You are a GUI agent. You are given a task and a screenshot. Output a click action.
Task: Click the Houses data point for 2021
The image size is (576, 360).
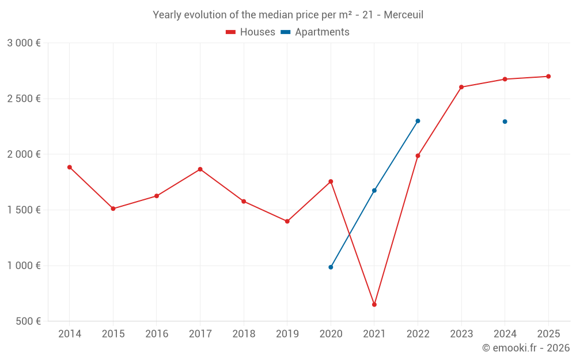pos(374,304)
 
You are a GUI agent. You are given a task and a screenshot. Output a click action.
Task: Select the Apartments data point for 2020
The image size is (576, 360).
pos(331,267)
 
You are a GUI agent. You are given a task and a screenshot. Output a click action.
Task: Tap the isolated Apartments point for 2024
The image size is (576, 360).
pos(505,122)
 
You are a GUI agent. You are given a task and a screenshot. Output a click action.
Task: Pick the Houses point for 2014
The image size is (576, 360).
pos(70,167)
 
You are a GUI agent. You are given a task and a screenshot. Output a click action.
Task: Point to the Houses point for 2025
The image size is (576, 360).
pos(548,76)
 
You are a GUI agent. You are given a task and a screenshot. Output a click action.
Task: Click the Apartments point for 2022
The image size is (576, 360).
pos(418,121)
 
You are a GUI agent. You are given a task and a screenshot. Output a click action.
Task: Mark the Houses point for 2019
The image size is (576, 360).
pos(287,221)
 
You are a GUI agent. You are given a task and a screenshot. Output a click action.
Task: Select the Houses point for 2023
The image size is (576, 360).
pos(461,87)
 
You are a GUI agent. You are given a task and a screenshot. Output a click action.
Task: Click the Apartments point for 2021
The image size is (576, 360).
pos(374,191)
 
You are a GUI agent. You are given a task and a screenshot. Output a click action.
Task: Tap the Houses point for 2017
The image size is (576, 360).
pos(200,169)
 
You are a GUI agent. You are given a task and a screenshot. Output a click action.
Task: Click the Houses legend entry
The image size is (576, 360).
pos(251,32)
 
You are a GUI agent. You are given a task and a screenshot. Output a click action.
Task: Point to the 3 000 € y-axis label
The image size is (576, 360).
pos(24,43)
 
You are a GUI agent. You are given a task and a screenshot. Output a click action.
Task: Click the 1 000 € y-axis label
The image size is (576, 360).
pos(24,266)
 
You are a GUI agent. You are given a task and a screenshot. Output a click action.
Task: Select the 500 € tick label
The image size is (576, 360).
pos(28,321)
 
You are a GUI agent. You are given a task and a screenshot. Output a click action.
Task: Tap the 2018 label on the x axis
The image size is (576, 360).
pos(244,334)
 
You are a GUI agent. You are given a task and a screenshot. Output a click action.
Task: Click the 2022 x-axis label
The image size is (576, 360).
pos(418,334)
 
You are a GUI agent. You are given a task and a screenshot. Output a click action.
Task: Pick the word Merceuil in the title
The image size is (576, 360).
pos(403,15)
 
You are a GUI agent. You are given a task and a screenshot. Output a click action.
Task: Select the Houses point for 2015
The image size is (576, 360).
pos(113,209)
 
